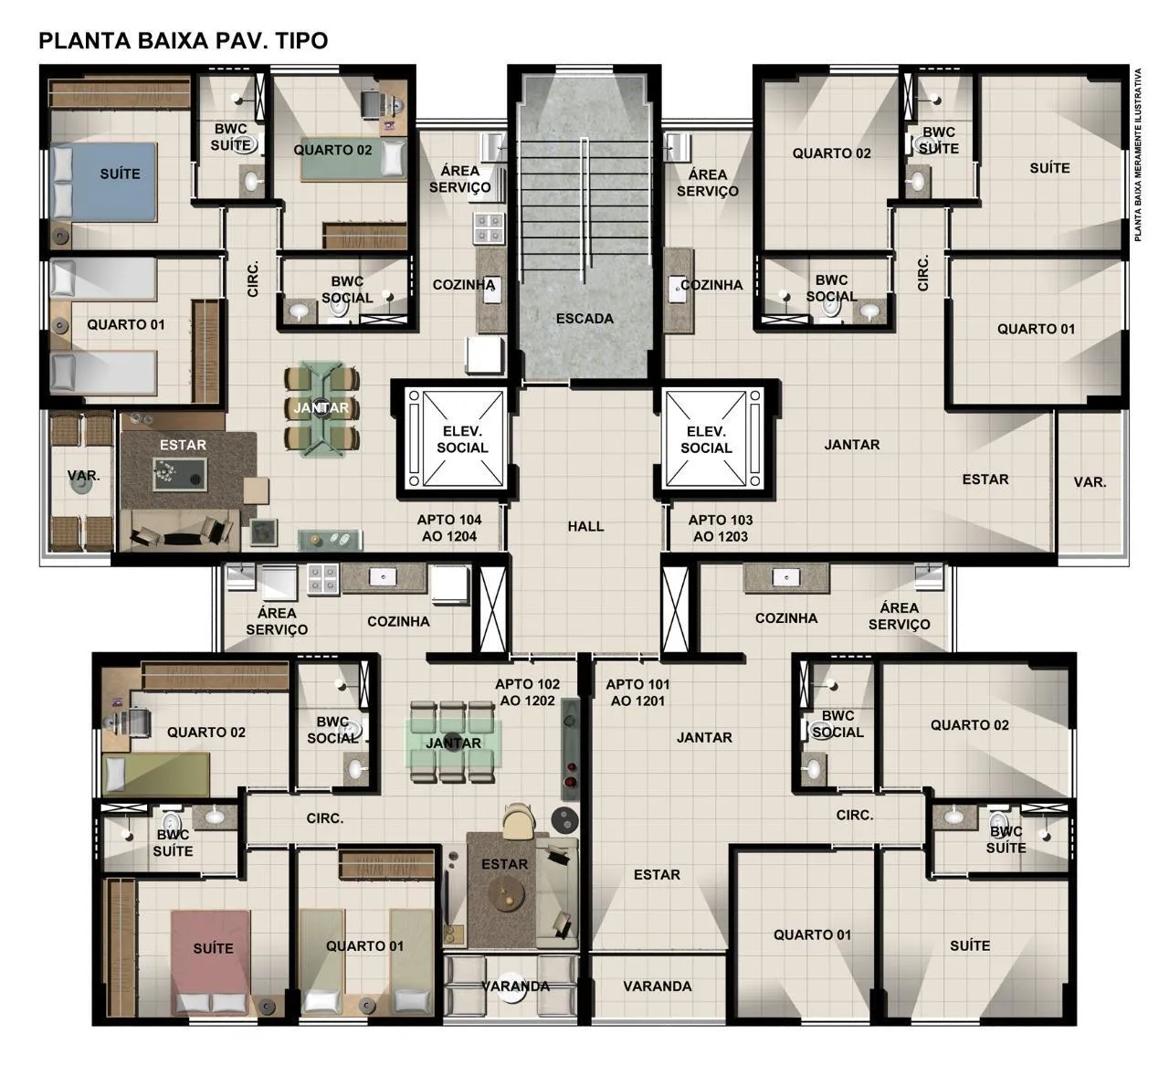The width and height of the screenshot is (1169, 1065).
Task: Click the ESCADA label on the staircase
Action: click(584, 319)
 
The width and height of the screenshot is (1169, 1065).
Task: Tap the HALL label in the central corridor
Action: click(585, 526)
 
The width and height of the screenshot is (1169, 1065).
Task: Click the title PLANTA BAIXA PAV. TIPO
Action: click(183, 41)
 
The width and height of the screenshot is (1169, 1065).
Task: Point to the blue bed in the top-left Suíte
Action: click(103, 182)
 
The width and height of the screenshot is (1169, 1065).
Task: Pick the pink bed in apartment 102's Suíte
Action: click(212, 963)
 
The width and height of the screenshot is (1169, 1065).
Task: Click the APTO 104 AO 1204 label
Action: click(449, 528)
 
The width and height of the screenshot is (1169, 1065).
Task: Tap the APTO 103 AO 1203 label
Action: click(721, 528)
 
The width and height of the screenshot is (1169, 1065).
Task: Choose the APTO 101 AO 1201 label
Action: click(637, 692)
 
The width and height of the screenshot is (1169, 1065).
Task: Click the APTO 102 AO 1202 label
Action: click(527, 692)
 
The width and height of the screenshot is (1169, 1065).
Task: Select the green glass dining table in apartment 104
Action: click(321, 408)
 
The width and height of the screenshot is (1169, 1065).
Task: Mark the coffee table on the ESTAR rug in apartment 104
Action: click(180, 474)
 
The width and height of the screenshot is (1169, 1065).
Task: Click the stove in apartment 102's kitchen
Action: click(322, 579)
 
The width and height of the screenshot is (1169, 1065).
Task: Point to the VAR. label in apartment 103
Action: click(1090, 482)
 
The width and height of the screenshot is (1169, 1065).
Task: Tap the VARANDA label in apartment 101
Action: click(658, 986)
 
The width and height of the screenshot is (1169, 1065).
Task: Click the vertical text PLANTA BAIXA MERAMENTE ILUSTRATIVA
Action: click(1138, 154)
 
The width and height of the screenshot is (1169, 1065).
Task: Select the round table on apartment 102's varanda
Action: click(511, 986)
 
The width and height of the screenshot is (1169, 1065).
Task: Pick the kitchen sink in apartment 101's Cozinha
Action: click(786, 577)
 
